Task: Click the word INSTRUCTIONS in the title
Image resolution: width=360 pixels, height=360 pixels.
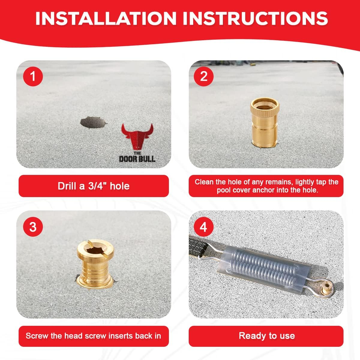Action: coord(255,18)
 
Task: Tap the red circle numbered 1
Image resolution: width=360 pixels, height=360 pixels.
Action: coord(33,76)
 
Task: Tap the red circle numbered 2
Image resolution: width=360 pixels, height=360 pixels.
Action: coord(204,76)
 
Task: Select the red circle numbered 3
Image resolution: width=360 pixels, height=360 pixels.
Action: coord(33,226)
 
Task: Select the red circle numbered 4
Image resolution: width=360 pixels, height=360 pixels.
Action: coord(204,226)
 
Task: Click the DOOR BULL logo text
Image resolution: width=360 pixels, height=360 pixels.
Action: coord(137,158)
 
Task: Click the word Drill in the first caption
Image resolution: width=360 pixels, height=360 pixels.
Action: coord(67,186)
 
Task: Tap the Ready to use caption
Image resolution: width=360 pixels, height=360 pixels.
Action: coord(266,336)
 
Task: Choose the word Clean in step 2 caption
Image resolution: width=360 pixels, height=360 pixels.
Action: coord(204,182)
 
